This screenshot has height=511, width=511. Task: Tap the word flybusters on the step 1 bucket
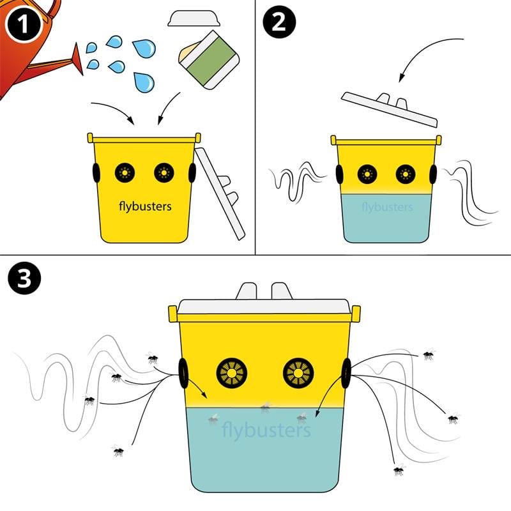[x=145, y=206]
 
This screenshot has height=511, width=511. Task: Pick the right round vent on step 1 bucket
[x=164, y=171]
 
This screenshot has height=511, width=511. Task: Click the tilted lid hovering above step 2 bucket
[x=389, y=109]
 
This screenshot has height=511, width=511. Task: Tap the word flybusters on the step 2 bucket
[x=387, y=207]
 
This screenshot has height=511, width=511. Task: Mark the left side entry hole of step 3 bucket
[x=183, y=373]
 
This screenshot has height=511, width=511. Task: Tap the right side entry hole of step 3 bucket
[x=347, y=373]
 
